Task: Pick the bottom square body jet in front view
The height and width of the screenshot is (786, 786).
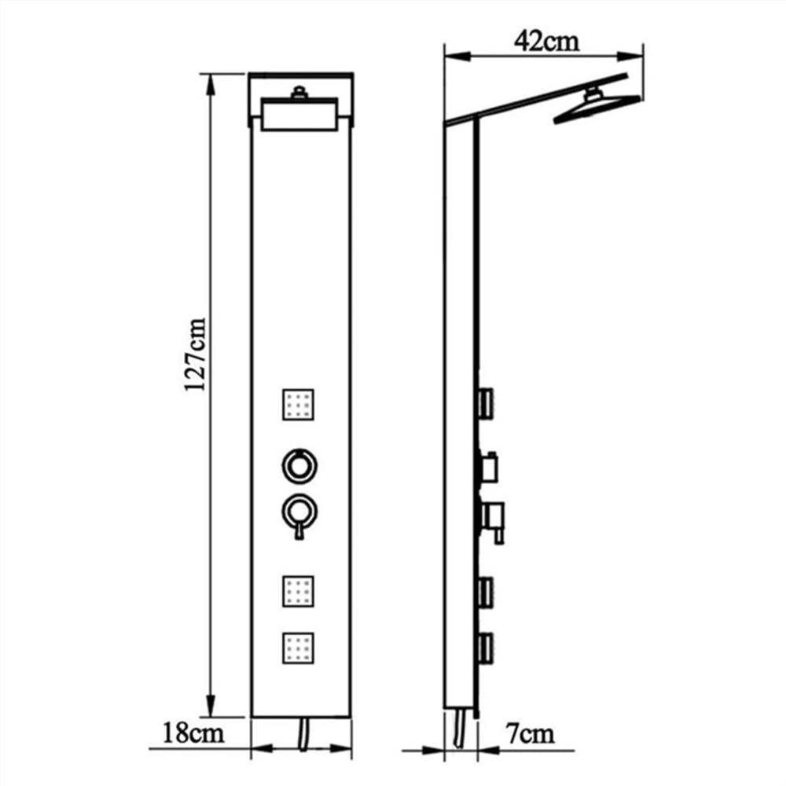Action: (x=298, y=648)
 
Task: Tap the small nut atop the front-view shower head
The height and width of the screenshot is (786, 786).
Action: (x=299, y=93)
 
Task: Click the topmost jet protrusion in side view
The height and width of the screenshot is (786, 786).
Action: (x=485, y=403)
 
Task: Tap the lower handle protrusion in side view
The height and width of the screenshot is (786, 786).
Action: (x=492, y=519)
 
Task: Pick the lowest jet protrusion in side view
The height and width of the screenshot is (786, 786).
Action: (x=485, y=648)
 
